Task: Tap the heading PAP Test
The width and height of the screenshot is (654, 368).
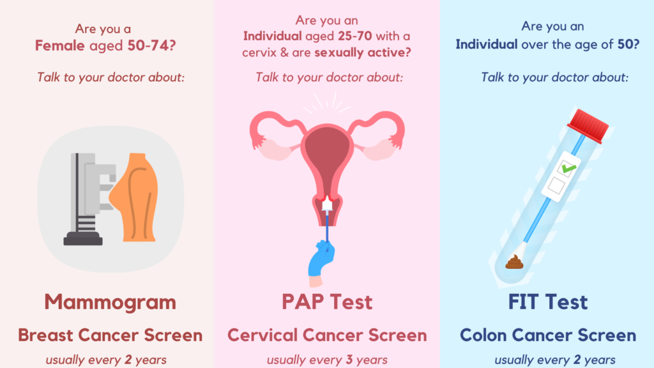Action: tap(327, 302)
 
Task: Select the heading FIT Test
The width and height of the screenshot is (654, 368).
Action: tap(547, 302)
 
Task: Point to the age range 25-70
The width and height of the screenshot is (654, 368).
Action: tap(355, 36)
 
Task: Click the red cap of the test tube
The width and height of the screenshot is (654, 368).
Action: tap(588, 125)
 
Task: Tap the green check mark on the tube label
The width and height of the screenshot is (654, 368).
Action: tap(568, 168)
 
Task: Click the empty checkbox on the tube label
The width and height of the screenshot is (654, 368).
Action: tap(556, 185)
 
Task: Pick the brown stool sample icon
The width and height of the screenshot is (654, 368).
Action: tap(514, 262)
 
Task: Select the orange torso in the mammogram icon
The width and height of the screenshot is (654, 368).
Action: tap(135, 197)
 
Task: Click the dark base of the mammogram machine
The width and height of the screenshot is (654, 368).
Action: tap(83, 240)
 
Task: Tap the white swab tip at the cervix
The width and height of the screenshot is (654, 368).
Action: tap(327, 204)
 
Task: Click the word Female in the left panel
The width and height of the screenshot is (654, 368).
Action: tap(59, 45)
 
